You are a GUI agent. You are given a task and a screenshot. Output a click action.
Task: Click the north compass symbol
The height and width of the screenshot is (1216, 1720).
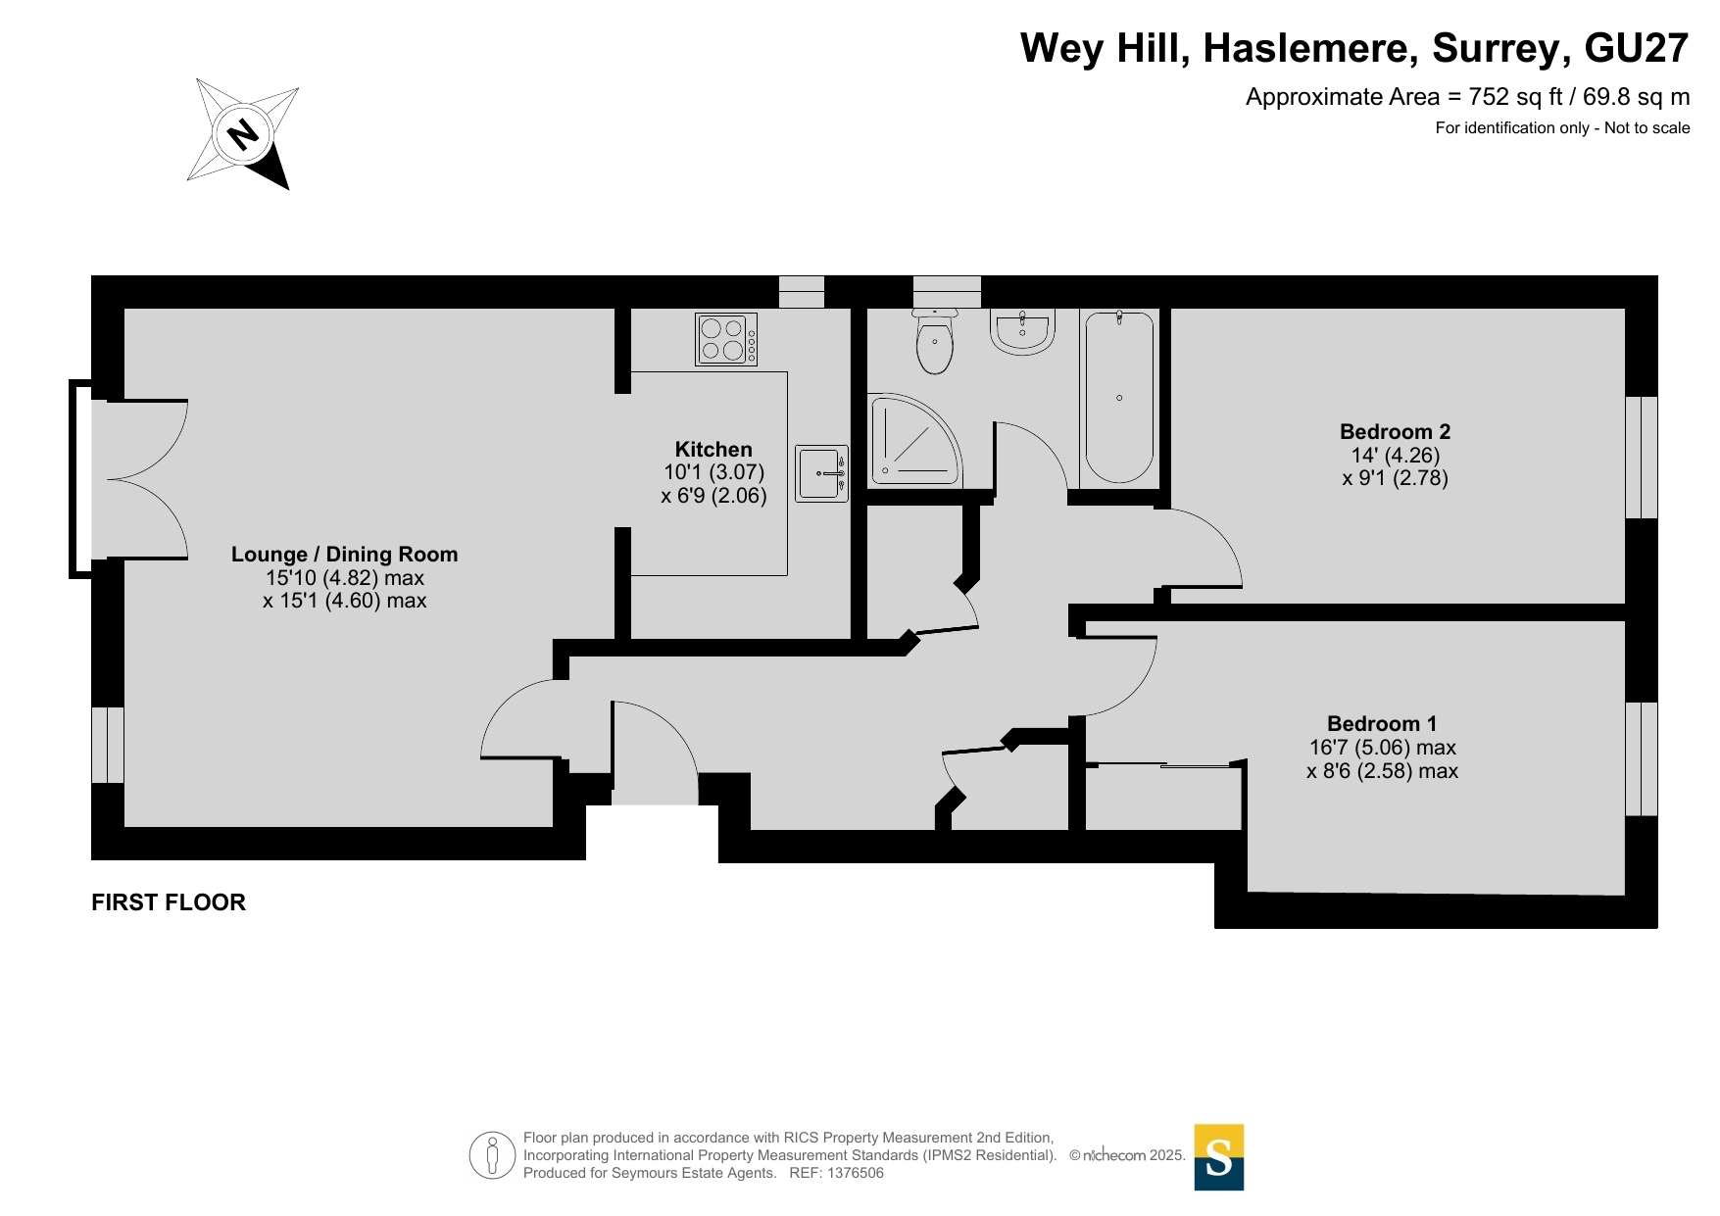[x=243, y=133]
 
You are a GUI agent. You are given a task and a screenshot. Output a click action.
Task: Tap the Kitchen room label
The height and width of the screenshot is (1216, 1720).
[x=713, y=450]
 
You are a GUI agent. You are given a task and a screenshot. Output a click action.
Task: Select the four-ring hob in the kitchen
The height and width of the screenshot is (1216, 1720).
[x=726, y=339]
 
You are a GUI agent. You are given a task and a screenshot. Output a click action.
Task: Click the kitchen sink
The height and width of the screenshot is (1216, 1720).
[x=821, y=473]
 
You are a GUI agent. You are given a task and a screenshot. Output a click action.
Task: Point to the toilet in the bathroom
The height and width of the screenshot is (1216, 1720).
[x=935, y=341]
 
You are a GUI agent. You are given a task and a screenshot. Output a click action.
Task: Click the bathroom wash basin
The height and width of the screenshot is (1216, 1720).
[x=1022, y=330]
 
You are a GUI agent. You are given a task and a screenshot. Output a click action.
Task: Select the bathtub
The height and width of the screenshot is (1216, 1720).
[x=1119, y=397]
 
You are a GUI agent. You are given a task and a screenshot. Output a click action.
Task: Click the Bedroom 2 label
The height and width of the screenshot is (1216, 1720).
[x=1395, y=432]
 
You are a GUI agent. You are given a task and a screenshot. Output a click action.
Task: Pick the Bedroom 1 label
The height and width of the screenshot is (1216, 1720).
[x=1382, y=724]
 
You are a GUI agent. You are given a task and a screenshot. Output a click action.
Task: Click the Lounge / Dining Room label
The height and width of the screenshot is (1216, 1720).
[x=345, y=555]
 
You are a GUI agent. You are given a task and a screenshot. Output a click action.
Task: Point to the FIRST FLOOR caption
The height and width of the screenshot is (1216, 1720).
[x=169, y=902]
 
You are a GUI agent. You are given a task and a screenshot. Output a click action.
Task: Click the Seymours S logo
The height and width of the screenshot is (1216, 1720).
[x=1219, y=1157]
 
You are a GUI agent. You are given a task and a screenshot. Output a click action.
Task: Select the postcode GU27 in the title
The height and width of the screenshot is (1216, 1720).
[x=1637, y=48]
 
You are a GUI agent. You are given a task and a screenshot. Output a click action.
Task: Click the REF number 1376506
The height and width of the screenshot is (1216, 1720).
[x=856, y=1173]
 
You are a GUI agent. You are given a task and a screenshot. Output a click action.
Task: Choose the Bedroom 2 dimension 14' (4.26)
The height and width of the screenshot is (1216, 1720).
[x=1395, y=456]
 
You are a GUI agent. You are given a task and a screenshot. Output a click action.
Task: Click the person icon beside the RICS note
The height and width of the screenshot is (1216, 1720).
[x=492, y=1155]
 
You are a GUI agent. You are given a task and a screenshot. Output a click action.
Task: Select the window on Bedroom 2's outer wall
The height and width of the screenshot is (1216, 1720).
[x=1642, y=457]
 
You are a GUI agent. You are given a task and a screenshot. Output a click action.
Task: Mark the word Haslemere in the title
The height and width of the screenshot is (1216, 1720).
[x=1310, y=48]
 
